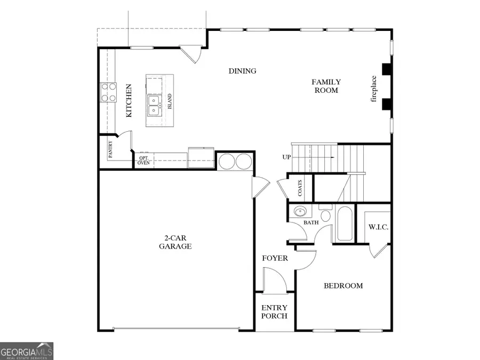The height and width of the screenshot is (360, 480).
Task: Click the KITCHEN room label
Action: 129,100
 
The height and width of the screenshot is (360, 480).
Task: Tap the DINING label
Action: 243,71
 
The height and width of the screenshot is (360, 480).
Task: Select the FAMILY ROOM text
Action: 326,86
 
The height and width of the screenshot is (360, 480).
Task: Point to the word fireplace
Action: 374,89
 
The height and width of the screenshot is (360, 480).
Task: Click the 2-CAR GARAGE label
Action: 175,242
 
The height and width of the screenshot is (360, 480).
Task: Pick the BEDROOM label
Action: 343,286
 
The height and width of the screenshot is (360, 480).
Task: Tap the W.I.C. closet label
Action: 378,227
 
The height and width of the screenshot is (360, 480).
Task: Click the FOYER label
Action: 275,259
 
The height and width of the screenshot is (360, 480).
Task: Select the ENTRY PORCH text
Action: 274,312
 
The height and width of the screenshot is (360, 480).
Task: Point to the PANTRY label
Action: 110,150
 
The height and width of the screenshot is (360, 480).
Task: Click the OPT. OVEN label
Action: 143,160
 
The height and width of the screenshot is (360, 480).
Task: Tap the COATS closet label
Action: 300,187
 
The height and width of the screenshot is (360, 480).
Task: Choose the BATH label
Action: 311,223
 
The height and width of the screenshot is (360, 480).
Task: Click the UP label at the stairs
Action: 286,157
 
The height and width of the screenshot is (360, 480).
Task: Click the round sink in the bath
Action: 300,211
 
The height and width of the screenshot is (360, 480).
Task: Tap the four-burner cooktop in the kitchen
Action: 109,92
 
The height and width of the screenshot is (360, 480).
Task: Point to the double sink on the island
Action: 154,105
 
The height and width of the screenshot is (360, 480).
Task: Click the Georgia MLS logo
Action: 27,351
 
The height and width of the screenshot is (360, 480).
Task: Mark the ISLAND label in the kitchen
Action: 170,101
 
